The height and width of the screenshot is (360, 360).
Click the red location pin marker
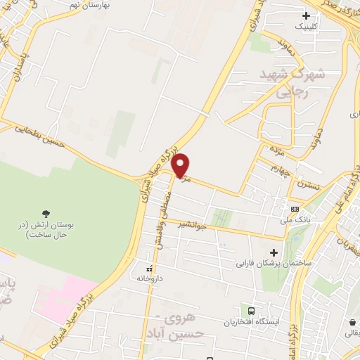click(181, 165)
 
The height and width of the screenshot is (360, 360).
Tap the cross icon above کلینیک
click(306, 15)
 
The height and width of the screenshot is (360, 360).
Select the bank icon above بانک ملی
click(294, 209)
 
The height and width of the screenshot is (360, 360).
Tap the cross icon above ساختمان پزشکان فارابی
click(274, 252)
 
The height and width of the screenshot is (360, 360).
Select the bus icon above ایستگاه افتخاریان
click(251, 310)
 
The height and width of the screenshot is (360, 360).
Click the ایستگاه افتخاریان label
click(252, 321)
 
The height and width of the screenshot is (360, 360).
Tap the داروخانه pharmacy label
click(150, 278)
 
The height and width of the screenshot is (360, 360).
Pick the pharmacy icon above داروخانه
click(149, 269)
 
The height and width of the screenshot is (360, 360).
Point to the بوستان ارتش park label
click(43, 229)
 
